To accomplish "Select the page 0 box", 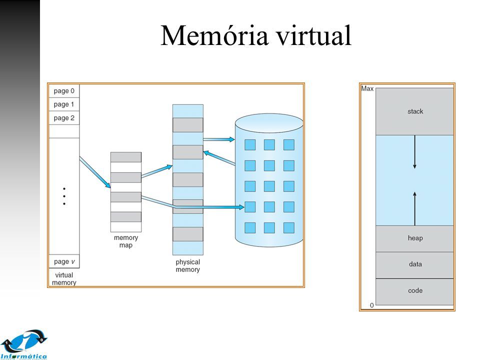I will pyautogui.click(x=64, y=91).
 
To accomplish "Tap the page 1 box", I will pyautogui.click(x=64, y=104).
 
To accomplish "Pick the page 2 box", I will pyautogui.click(x=64, y=118).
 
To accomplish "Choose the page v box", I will pyautogui.click(x=64, y=261).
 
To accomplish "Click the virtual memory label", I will pyautogui.click(x=64, y=278).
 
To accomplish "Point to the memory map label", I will pyautogui.click(x=125, y=241).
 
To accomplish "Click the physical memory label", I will pyautogui.click(x=187, y=265).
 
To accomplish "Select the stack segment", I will pyautogui.click(x=415, y=111).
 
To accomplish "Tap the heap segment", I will pyautogui.click(x=415, y=238).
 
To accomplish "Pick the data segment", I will pyautogui.click(x=415, y=264).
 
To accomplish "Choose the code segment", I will pyautogui.click(x=415, y=290).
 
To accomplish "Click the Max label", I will pyautogui.click(x=367, y=89).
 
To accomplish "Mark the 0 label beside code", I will pyautogui.click(x=371, y=305).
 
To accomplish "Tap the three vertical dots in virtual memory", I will pyautogui.click(x=64, y=196).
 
